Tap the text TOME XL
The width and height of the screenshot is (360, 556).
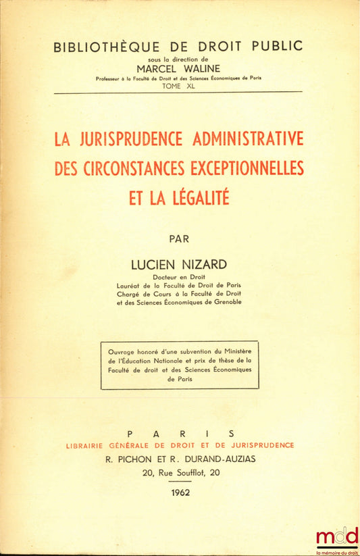180,86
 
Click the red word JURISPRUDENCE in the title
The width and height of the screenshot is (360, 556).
126,139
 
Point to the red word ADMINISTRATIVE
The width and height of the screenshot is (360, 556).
247,139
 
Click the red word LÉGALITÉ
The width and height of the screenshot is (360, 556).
199,197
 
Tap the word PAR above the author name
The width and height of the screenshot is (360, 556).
180,238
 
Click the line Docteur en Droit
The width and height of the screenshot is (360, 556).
180,276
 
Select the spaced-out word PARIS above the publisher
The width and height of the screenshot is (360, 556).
180,433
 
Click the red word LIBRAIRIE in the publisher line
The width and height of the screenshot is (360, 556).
90,445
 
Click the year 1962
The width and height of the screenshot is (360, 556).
180,492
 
